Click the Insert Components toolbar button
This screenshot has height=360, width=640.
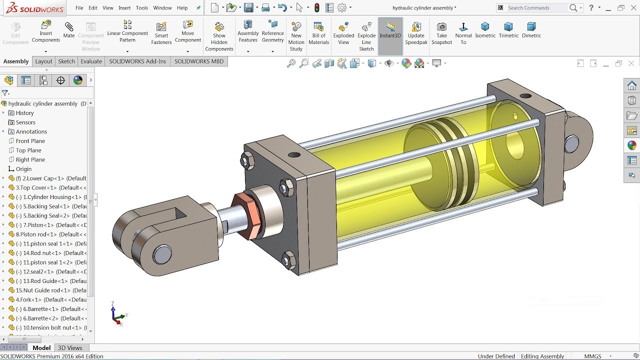tap(45, 31)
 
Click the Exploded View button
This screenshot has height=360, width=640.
tap(343, 33)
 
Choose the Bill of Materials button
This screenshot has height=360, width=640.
tap(318, 33)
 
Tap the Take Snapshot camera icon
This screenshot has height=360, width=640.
tap(441, 33)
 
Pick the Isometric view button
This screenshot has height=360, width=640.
tap(485, 30)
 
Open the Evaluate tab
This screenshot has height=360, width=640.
tap(91, 61)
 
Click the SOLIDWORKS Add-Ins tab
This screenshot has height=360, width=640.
tap(137, 61)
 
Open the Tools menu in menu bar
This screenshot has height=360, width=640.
tap(142, 8)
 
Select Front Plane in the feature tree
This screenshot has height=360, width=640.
tap(30, 141)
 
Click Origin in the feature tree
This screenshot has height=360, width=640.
tap(23, 169)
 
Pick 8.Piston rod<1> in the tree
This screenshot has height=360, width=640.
tap(47, 234)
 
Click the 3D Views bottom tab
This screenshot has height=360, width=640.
tap(70, 348)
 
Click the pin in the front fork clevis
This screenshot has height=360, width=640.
tap(162, 254)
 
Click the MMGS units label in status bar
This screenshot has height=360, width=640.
tap(593, 356)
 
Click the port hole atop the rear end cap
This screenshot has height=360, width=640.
tap(525, 95)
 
